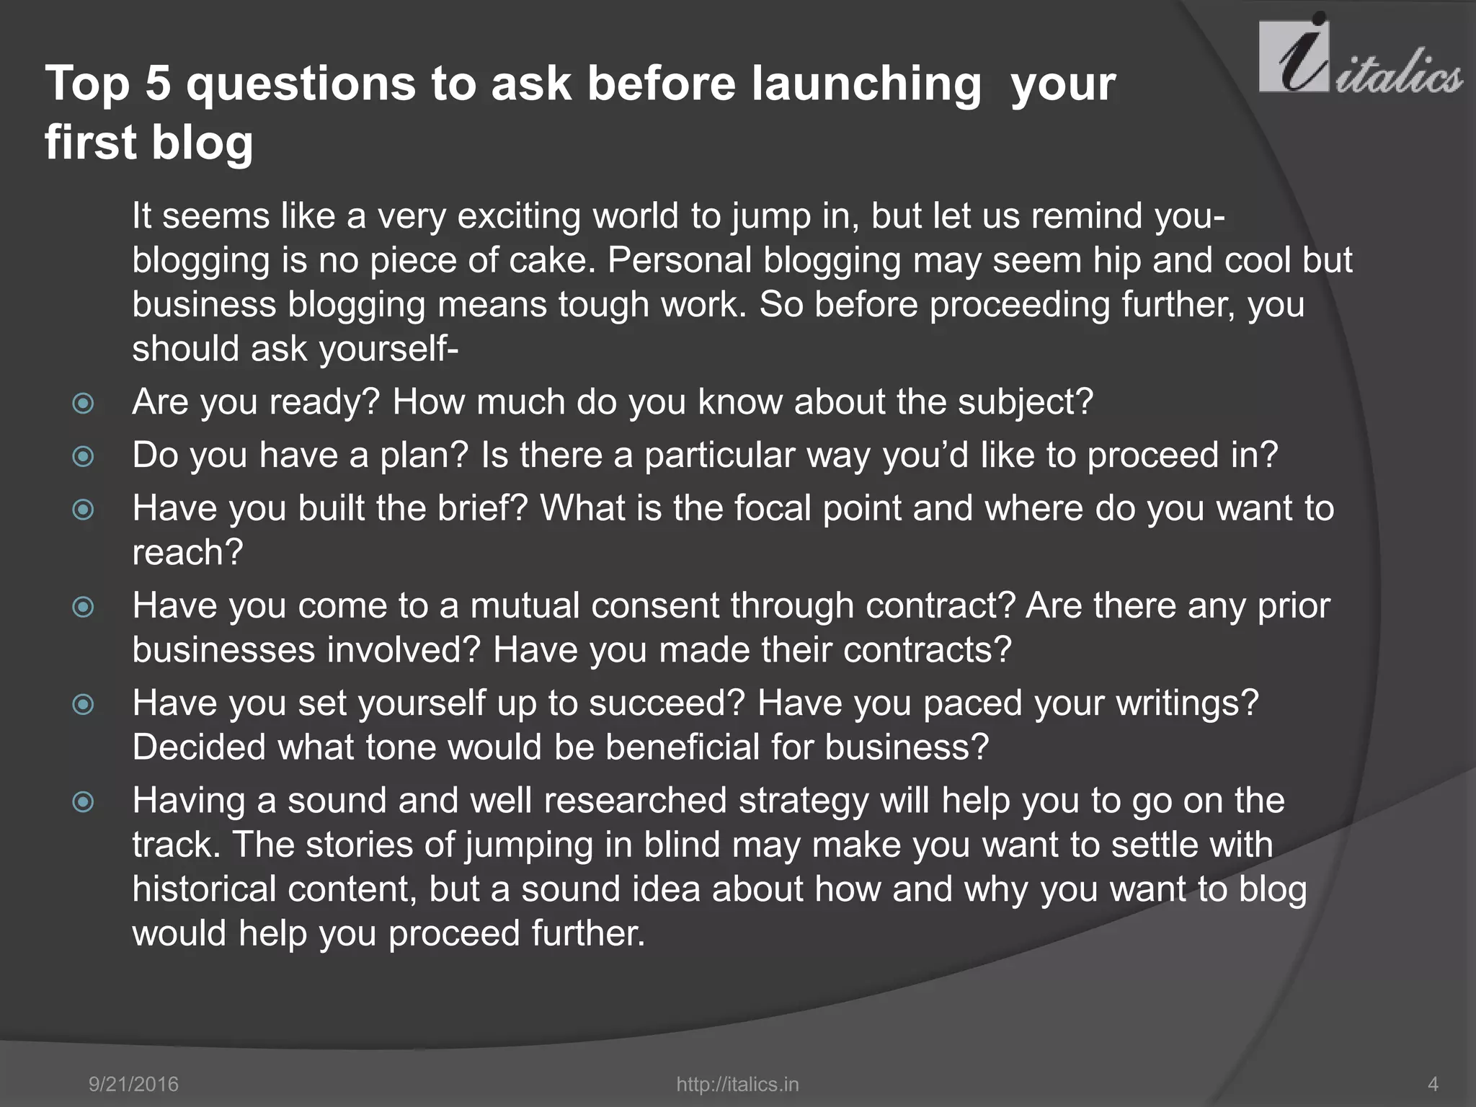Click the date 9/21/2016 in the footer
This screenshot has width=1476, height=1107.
(133, 1084)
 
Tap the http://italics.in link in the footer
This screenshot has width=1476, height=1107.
(737, 1084)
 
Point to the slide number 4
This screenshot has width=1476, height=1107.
(1433, 1084)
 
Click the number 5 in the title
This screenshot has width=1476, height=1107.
(157, 84)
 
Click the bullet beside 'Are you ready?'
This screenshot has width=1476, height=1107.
(84, 403)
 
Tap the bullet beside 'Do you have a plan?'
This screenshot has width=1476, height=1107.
(84, 456)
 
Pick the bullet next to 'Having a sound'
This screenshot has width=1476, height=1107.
(84, 801)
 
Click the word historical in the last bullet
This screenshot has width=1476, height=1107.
(204, 889)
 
